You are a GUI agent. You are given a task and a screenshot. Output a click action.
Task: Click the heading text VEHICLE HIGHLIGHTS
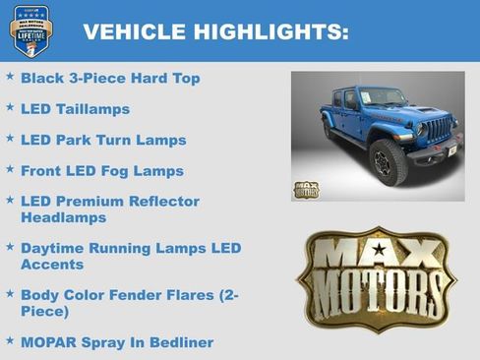pos(215,32)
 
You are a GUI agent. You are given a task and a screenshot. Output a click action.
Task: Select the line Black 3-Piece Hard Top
pos(109,78)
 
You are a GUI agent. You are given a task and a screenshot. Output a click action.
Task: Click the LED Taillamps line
pos(75,109)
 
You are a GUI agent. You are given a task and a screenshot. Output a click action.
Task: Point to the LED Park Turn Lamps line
pos(102,140)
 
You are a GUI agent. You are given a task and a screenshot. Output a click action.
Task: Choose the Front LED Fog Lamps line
pos(102,171)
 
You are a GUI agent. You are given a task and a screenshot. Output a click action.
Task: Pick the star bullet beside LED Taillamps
pos(10,106)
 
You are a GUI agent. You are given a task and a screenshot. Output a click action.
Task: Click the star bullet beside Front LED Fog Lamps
pos(10,168)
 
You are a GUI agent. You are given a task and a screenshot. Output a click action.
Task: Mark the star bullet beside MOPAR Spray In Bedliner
pos(10,339)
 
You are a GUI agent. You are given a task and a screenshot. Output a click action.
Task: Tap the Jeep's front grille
pos(438,129)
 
